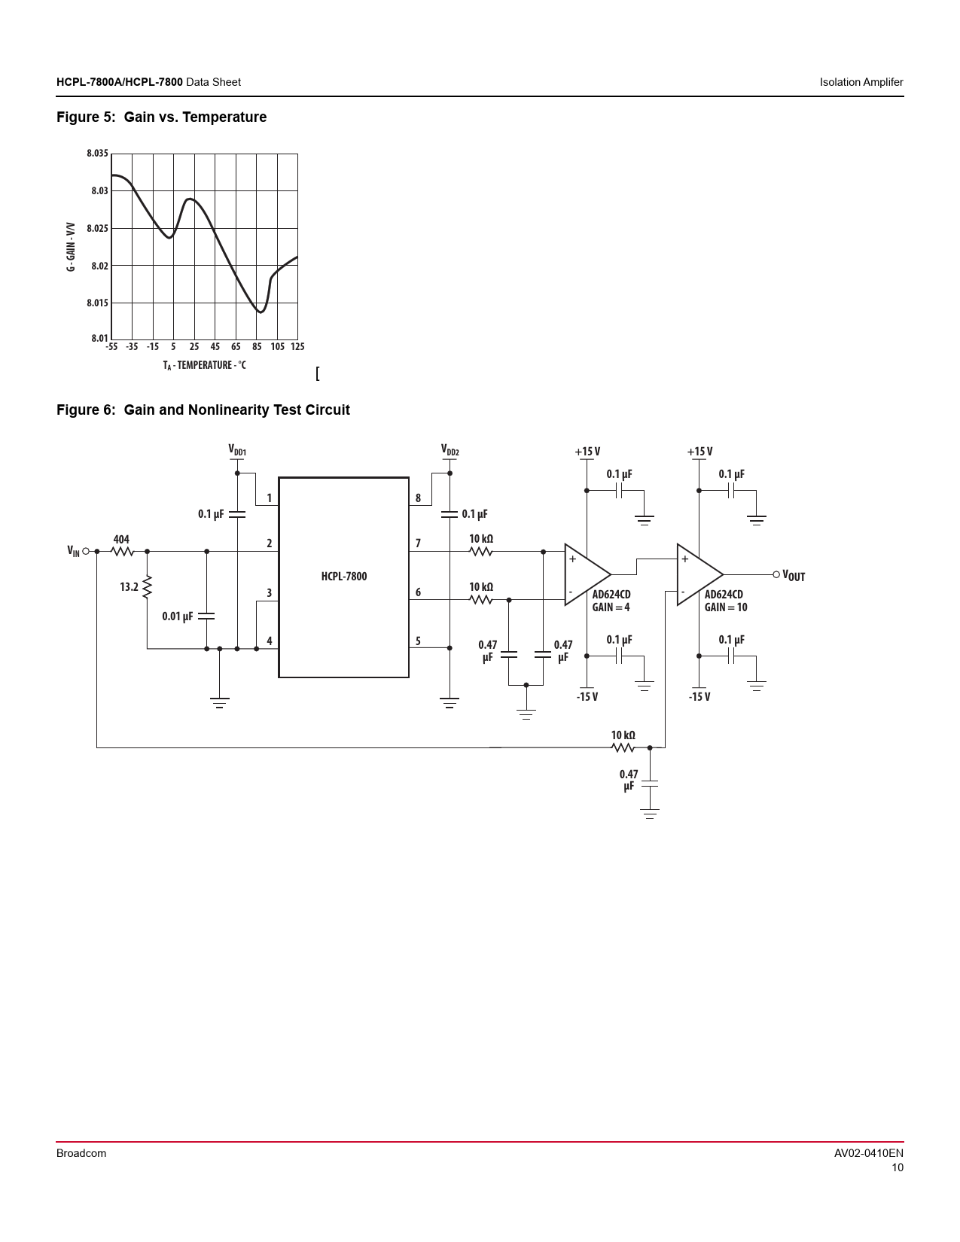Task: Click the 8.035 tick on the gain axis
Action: [x=97, y=153]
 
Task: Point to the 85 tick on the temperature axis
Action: [x=257, y=346]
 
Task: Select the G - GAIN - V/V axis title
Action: [x=71, y=247]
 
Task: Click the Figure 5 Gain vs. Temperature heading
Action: [x=161, y=117]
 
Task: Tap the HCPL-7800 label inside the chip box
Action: [x=343, y=576]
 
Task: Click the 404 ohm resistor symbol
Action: [x=123, y=552]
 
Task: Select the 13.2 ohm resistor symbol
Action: [x=147, y=587]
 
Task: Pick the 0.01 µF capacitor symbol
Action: [x=206, y=616]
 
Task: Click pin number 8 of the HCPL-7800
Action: [x=418, y=498]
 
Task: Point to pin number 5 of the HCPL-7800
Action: [x=418, y=641]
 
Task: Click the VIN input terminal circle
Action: [x=86, y=552]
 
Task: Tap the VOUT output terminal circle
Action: [x=776, y=574]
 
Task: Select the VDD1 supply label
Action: [x=237, y=450]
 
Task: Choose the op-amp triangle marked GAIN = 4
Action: [x=587, y=574]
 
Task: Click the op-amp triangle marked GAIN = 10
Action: [x=699, y=574]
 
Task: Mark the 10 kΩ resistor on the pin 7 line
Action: [x=480, y=552]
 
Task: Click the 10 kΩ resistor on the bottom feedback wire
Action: [x=623, y=747]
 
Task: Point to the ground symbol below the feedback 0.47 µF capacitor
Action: [x=650, y=814]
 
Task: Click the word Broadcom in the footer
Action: [x=81, y=1153]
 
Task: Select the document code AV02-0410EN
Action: [x=868, y=1153]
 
